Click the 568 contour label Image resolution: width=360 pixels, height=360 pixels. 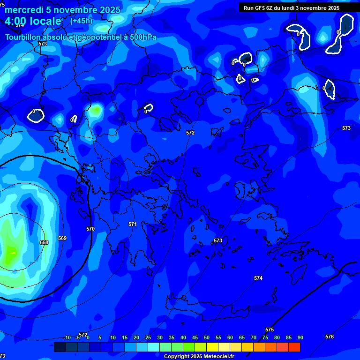pos(44,242)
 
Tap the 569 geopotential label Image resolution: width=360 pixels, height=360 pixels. pos(62,238)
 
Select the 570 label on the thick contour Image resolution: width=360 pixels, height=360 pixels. pos(90,229)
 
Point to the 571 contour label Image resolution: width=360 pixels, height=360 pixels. pos(133,224)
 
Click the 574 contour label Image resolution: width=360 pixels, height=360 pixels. pos(258,278)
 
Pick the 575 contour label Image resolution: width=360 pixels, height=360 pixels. pos(270,330)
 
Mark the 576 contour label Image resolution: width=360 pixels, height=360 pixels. pos(330,337)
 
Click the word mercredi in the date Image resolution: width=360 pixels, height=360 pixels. pos(24,10)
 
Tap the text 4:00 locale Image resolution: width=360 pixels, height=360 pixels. pos(33,21)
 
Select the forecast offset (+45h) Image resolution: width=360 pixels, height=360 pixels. pos(81,21)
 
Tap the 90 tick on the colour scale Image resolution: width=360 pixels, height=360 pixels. pos(300,337)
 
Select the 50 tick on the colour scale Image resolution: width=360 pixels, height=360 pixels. pos(207,337)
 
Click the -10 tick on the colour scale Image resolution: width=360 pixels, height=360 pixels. pos(67,337)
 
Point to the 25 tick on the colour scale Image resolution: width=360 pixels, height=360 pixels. pos(148,337)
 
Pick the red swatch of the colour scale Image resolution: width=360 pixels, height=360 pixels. pos(294,347)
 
